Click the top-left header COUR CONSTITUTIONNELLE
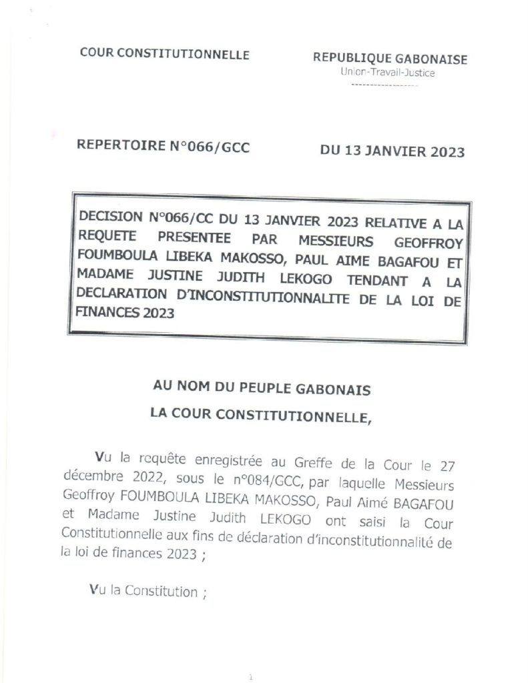coord(164,55)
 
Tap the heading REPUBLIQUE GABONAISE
coord(390,59)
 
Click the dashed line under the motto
coord(384,86)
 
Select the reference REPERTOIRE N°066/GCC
coord(164,148)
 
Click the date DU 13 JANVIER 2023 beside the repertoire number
coord(392,151)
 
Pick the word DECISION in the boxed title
coord(111,216)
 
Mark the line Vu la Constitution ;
coord(148,591)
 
